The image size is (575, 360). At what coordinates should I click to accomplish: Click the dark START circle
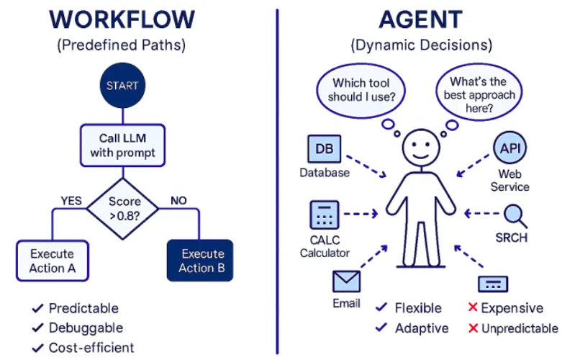click(x=122, y=86)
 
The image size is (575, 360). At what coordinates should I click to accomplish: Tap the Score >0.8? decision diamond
click(x=122, y=209)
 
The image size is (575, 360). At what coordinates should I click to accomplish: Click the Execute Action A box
click(x=52, y=261)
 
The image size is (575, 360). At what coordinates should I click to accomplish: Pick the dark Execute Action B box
click(x=197, y=261)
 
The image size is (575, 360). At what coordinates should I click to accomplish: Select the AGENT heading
click(x=421, y=19)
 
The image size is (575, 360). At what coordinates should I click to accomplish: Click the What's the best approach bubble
click(x=478, y=89)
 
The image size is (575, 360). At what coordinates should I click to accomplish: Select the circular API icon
click(x=510, y=150)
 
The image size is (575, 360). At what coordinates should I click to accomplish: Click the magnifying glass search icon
click(x=515, y=215)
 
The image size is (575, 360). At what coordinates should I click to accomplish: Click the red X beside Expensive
click(x=473, y=308)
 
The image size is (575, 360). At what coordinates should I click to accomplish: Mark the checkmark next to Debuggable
click(x=37, y=328)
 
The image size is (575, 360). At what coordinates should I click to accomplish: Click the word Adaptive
click(x=422, y=328)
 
